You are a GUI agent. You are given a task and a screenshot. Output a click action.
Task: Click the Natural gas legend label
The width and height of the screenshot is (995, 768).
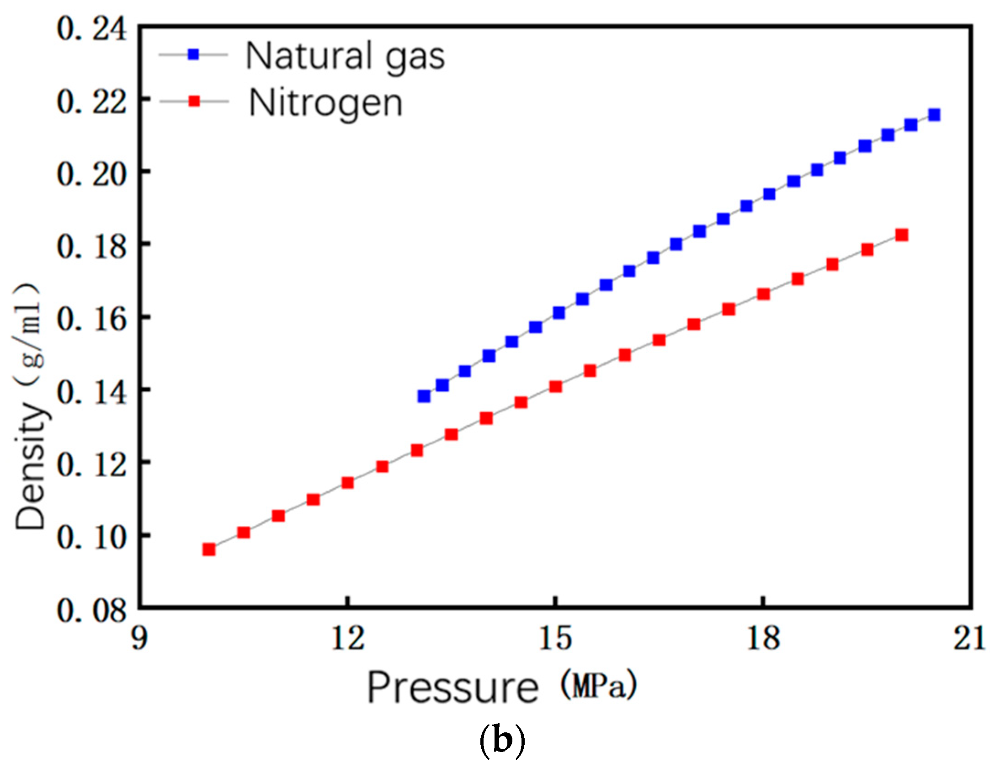(345, 57)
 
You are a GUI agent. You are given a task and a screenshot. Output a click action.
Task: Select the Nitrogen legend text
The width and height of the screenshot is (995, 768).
(325, 103)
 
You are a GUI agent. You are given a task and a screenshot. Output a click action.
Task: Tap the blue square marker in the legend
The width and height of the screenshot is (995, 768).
(194, 54)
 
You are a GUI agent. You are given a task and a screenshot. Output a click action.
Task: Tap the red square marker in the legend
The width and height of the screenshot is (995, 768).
(194, 101)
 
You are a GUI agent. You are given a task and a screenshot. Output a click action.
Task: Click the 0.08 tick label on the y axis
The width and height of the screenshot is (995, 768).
(91, 610)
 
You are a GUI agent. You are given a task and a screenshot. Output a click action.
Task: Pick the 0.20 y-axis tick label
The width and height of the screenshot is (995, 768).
(91, 174)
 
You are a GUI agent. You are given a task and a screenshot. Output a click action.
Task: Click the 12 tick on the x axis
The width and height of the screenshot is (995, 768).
(348, 639)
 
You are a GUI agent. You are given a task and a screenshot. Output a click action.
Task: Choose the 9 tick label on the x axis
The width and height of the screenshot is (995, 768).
(139, 639)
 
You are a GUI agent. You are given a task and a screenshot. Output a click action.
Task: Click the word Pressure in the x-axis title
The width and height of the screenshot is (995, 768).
(453, 689)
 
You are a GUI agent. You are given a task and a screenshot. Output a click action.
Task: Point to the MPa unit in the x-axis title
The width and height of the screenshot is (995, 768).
(599, 684)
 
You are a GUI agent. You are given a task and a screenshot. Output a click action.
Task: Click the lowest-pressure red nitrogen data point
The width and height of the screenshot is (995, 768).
(209, 549)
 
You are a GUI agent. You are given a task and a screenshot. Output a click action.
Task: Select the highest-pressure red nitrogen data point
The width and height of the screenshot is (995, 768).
(901, 235)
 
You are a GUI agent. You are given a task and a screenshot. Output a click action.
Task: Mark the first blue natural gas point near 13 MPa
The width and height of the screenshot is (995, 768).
(424, 396)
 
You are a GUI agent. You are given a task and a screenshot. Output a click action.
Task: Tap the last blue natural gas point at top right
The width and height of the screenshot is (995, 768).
(934, 114)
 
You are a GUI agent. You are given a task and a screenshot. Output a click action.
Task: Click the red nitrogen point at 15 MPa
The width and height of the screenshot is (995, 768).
(555, 387)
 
